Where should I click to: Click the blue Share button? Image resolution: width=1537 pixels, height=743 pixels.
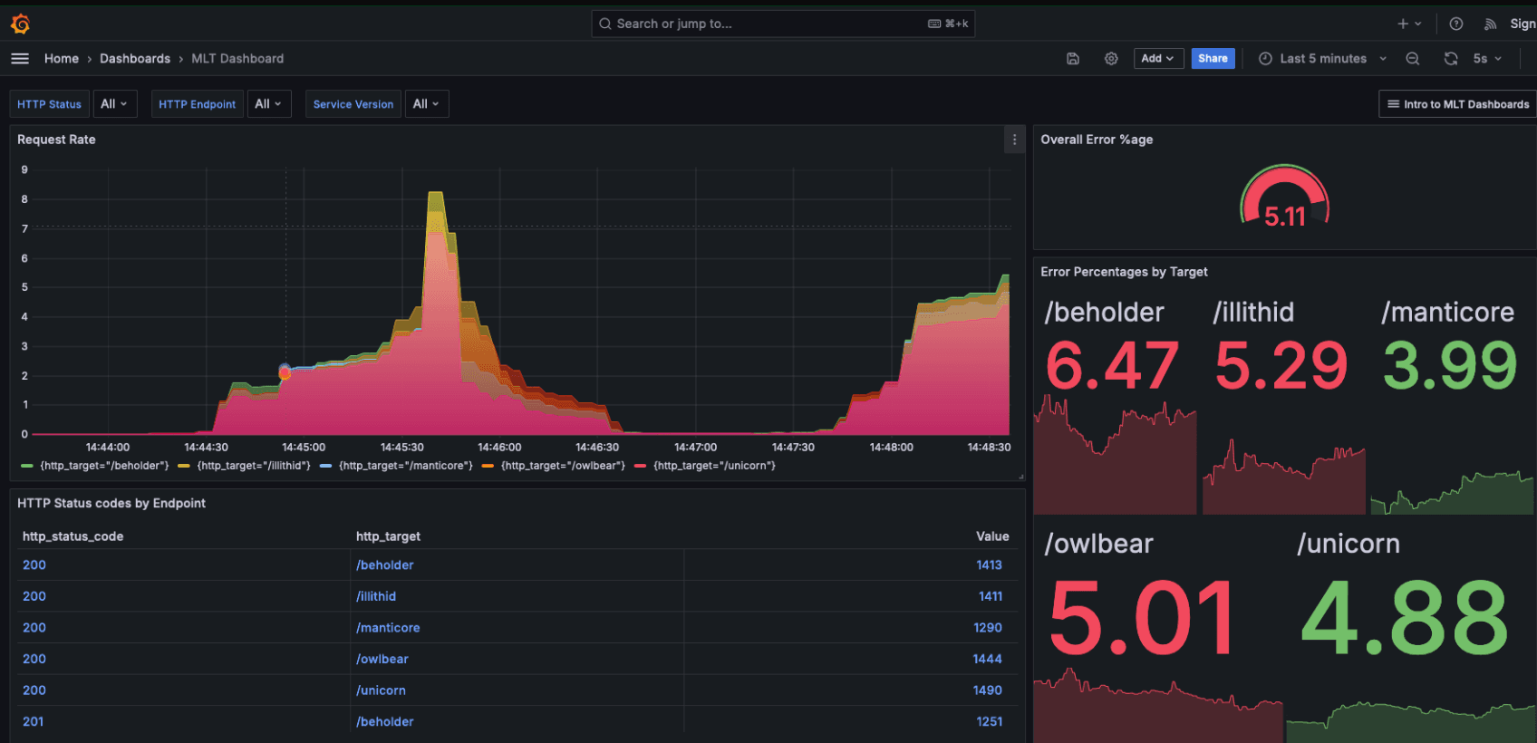pyautogui.click(x=1213, y=59)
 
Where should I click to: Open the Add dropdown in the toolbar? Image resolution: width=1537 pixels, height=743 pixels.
pyautogui.click(x=1157, y=59)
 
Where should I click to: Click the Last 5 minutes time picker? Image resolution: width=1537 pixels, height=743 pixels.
pyautogui.click(x=1322, y=59)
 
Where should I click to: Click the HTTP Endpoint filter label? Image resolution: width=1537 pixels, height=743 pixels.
pyautogui.click(x=197, y=104)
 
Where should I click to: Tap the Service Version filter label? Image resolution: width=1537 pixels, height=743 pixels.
pyautogui.click(x=353, y=104)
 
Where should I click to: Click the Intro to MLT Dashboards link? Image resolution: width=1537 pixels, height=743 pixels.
pyautogui.click(x=1457, y=104)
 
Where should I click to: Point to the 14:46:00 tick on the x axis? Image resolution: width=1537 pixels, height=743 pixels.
pyautogui.click(x=499, y=448)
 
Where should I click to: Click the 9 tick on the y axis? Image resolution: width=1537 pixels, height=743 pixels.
pyautogui.click(x=24, y=169)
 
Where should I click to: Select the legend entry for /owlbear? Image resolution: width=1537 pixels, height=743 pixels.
pyautogui.click(x=562, y=466)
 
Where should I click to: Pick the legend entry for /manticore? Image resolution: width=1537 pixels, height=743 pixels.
pyautogui.click(x=405, y=466)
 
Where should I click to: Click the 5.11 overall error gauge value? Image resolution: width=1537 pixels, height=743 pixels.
pyautogui.click(x=1284, y=217)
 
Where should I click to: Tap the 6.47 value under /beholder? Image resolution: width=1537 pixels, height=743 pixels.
pyautogui.click(x=1112, y=366)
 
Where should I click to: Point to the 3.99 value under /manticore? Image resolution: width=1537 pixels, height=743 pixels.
pyautogui.click(x=1449, y=366)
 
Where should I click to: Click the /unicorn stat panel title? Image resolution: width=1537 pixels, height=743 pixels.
pyautogui.click(x=1348, y=544)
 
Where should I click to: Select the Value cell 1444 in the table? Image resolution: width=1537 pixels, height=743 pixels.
pyautogui.click(x=987, y=659)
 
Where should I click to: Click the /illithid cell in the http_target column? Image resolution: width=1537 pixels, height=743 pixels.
pyautogui.click(x=376, y=596)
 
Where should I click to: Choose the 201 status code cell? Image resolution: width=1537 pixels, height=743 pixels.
pyautogui.click(x=34, y=721)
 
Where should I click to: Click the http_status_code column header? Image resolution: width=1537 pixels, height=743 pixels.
pyautogui.click(x=72, y=536)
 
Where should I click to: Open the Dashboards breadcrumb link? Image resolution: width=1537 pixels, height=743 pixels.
pyautogui.click(x=135, y=59)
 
